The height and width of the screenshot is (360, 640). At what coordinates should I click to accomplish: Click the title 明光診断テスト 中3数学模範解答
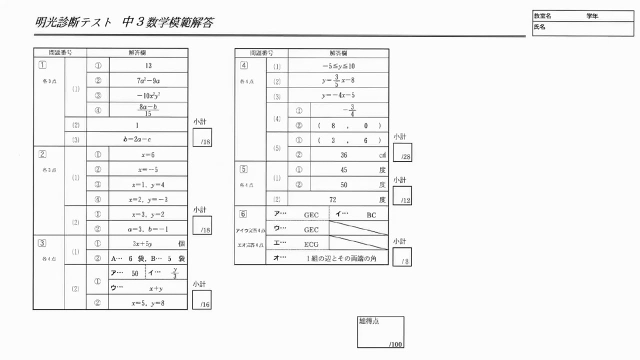coord(124,22)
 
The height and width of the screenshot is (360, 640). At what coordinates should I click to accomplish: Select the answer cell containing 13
coord(148,65)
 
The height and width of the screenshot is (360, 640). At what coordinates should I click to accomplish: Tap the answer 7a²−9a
coord(148,80)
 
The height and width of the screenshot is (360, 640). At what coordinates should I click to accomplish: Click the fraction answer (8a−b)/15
coord(148,109)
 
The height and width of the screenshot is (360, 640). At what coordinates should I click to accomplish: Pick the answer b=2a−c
coord(137,139)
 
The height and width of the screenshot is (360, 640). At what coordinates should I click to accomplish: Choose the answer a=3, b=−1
coord(148,229)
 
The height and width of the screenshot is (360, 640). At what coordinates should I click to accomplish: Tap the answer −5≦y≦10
coord(338,66)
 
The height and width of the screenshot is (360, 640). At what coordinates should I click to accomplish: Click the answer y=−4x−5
coord(338,95)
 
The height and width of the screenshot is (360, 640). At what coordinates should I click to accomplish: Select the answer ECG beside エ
coord(311,244)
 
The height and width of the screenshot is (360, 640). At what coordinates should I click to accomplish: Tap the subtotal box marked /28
coord(402,152)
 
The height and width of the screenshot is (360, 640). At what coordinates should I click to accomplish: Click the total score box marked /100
coord(380,332)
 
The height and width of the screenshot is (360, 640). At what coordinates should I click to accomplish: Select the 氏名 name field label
coord(539,27)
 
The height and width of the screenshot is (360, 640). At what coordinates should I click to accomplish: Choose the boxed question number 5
coord(243,168)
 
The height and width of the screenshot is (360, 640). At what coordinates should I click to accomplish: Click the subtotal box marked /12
coord(402,196)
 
